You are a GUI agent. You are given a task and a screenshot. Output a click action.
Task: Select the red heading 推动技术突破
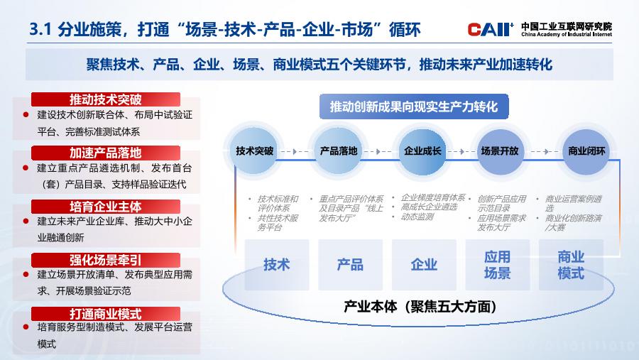click(x=106, y=99)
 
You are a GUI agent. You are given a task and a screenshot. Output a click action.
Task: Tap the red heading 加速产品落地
click(x=106, y=153)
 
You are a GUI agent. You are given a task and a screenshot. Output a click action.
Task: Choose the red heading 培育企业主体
click(x=106, y=207)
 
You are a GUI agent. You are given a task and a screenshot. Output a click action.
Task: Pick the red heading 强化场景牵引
click(x=106, y=260)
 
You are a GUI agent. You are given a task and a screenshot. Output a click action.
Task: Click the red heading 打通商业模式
click(x=106, y=314)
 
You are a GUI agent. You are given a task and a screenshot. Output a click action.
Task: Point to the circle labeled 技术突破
click(x=254, y=151)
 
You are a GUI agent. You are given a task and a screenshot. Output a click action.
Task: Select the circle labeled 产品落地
click(x=338, y=151)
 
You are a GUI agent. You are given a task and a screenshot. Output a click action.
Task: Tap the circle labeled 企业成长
click(x=422, y=151)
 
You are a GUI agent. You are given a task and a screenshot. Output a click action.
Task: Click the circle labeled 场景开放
click(x=500, y=151)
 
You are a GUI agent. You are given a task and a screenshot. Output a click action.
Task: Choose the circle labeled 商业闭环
click(x=586, y=151)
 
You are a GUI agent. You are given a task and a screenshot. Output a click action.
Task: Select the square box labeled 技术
click(x=277, y=265)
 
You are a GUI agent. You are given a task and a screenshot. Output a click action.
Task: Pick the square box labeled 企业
click(x=424, y=265)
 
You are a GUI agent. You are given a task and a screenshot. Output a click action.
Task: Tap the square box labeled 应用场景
click(x=498, y=265)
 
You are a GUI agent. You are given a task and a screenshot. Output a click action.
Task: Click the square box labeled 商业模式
click(x=571, y=265)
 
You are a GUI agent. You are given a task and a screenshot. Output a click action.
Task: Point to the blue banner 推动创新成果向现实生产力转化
click(x=414, y=107)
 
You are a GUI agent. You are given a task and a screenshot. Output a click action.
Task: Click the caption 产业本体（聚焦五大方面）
click(x=420, y=306)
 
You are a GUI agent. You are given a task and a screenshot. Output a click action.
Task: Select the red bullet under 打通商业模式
click(x=26, y=327)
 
